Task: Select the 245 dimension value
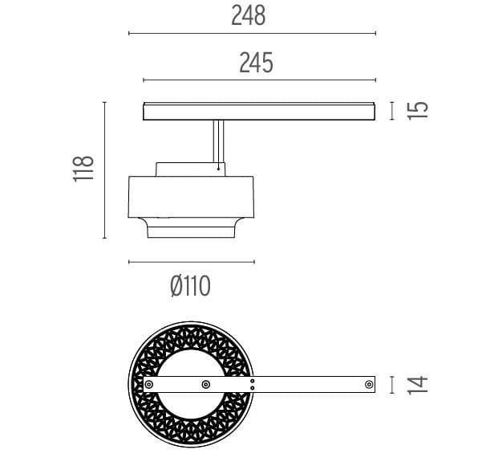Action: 256,63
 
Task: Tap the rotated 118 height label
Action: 84,170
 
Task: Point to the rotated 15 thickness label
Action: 417,110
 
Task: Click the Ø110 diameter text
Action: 192,284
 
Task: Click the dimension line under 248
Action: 252,34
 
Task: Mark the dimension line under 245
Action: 259,80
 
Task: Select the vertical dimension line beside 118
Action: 104,170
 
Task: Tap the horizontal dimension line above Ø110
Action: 191,262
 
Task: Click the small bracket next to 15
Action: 392,110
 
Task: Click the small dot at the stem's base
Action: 219,169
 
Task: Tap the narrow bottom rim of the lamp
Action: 192,231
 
